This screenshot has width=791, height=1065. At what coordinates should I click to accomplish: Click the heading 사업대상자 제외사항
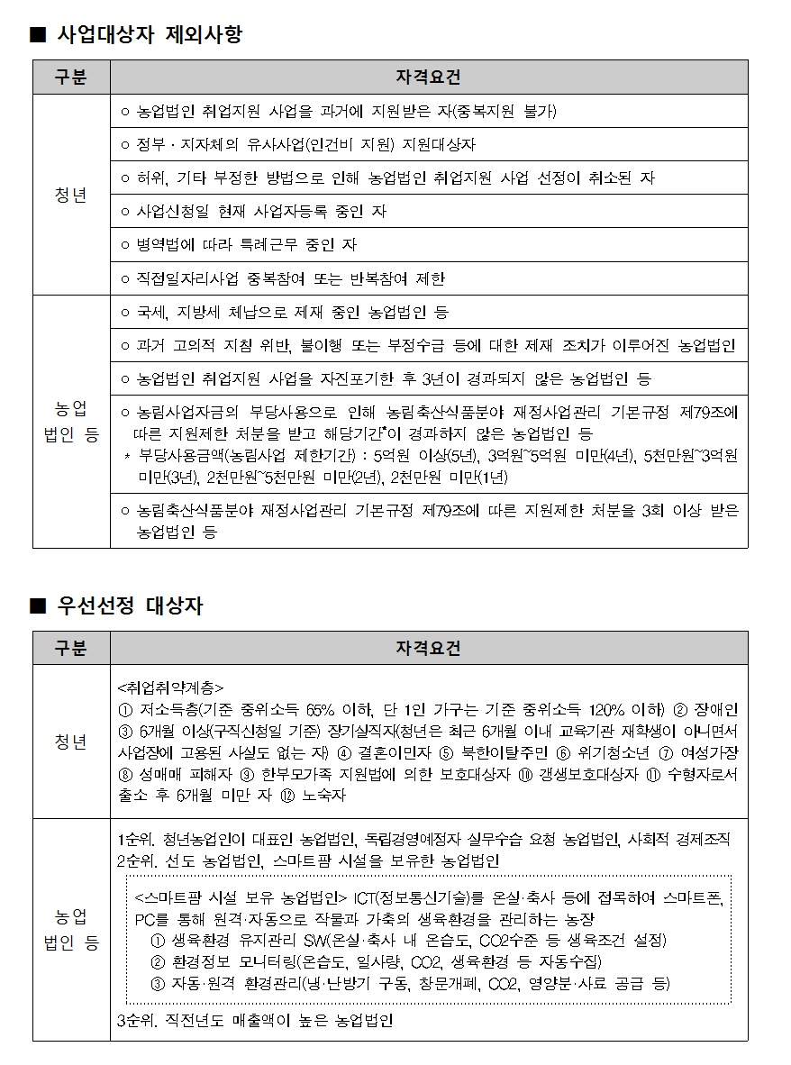point(148,35)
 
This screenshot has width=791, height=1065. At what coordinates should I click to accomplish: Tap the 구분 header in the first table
point(71,77)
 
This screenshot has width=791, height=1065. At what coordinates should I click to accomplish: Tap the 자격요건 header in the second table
point(428,649)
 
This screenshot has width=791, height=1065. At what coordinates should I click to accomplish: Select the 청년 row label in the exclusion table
point(71,196)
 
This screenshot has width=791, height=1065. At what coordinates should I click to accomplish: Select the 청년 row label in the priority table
point(71,742)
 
